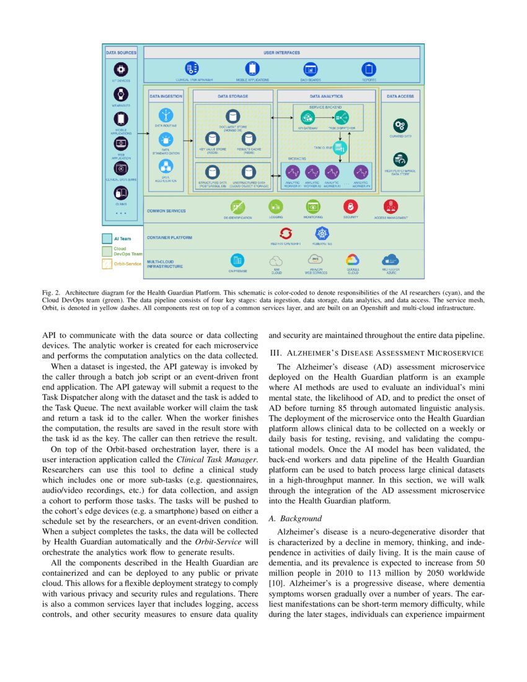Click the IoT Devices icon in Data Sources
point(120,69)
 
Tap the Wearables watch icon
point(120,94)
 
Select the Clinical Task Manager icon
point(192,69)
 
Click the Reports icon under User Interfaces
point(369,69)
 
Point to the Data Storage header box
point(232,97)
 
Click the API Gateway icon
point(308,117)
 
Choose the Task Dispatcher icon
point(342,117)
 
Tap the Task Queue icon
point(340,148)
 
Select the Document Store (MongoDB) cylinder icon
point(232,117)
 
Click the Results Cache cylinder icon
point(249,139)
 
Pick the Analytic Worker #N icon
point(361,172)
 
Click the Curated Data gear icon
point(400,125)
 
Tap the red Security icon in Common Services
point(350,206)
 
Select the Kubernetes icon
point(322,233)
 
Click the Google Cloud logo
point(353,260)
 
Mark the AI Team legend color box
point(107,238)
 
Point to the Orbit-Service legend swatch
point(107,264)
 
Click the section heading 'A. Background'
point(294,518)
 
